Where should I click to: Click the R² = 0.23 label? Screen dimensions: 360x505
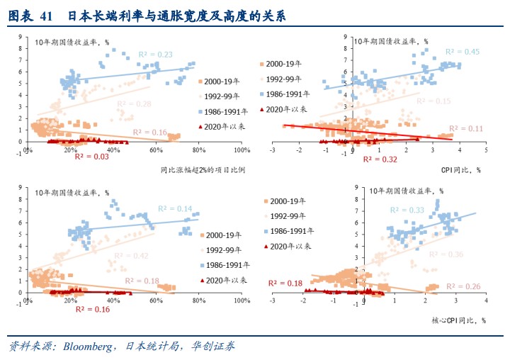tap(155, 55)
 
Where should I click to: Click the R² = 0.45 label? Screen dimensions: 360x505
tap(463, 52)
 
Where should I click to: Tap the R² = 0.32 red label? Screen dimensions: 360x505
tap(380, 160)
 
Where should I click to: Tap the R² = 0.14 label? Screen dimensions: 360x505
tap(175, 208)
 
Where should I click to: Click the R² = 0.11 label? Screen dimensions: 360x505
tap(465, 128)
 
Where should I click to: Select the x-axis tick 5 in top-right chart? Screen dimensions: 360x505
tap(486, 150)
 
